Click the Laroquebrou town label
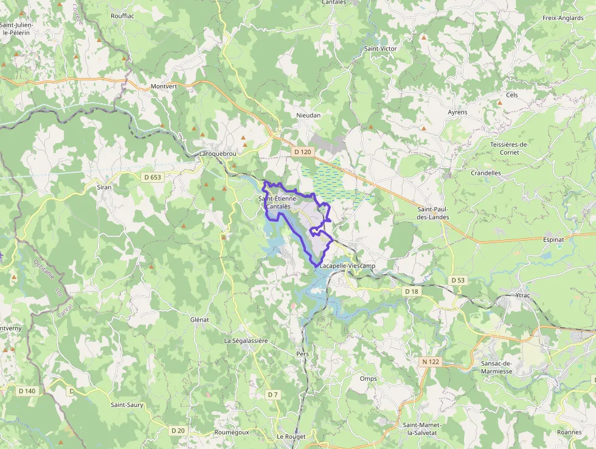pyautogui.click(x=218, y=154)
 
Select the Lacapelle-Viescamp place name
pyautogui.click(x=347, y=267)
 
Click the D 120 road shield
pyautogui.click(x=302, y=151)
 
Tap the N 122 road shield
pyautogui.click(x=431, y=362)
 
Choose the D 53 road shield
pyautogui.click(x=458, y=280)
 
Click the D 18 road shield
pyautogui.click(x=412, y=292)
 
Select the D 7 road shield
pyautogui.click(x=272, y=395)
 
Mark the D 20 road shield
pyautogui.click(x=178, y=431)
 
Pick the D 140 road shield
pyautogui.click(x=27, y=391)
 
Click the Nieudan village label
pyautogui.click(x=308, y=115)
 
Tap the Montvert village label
pyautogui.click(x=164, y=87)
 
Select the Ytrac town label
pyautogui.click(x=522, y=295)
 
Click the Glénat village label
pyautogui.click(x=199, y=319)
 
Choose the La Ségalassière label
pyautogui.click(x=246, y=341)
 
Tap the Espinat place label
pyautogui.click(x=553, y=240)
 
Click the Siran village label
pyautogui.click(x=104, y=187)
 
